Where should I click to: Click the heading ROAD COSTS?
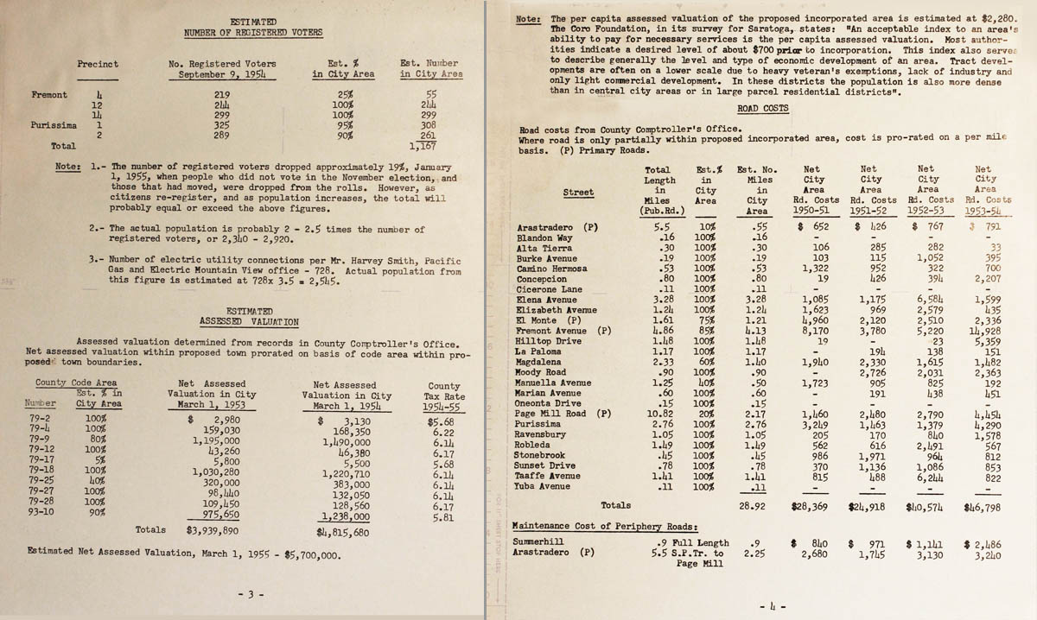[762, 109]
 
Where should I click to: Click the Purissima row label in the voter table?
[50, 123]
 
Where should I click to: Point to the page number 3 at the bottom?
[253, 595]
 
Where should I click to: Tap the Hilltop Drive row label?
[549, 341]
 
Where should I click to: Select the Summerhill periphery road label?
[542, 542]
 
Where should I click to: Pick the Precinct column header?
[98, 64]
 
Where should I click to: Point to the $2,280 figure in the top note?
[993, 17]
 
